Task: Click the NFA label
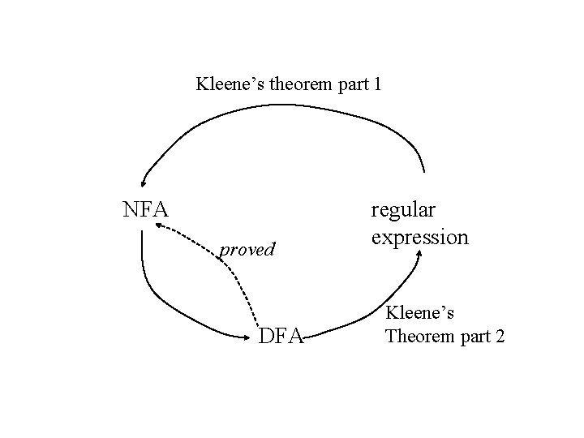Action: click(x=145, y=210)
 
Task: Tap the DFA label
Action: click(x=281, y=334)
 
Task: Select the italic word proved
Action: click(x=248, y=249)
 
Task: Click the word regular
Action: click(x=403, y=210)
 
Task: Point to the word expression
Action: click(x=419, y=237)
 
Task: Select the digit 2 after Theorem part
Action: click(x=499, y=335)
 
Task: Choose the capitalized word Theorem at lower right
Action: click(x=421, y=335)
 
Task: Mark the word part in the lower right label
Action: click(x=474, y=336)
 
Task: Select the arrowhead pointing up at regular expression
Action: click(x=419, y=253)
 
